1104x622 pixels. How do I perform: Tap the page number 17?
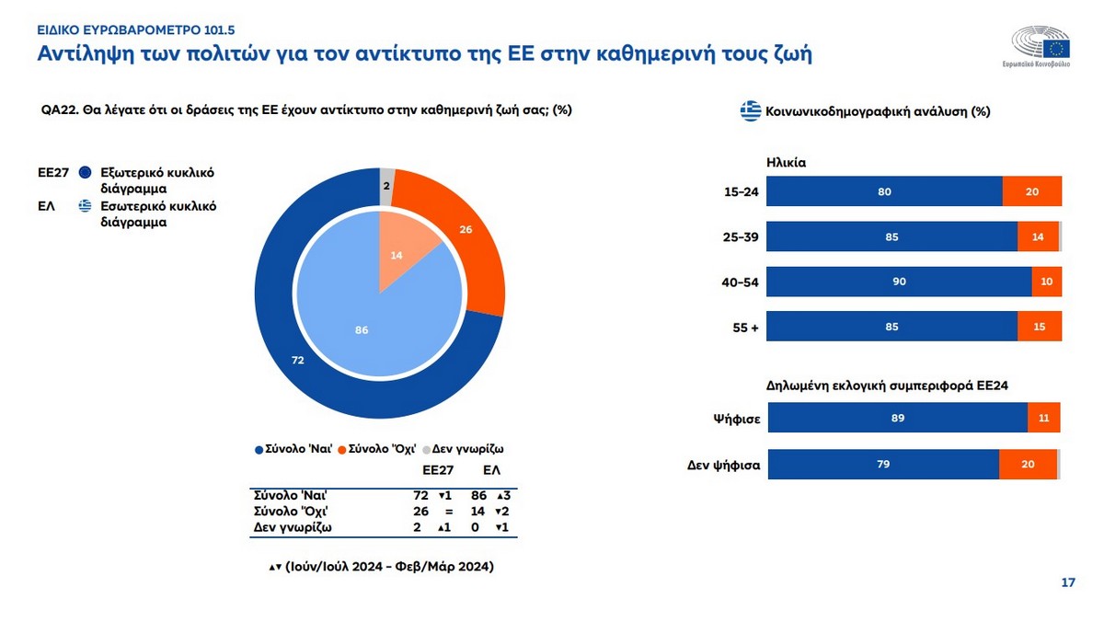(x=1068, y=582)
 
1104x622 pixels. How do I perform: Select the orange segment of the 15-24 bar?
(x=1031, y=191)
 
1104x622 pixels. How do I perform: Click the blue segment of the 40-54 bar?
(x=899, y=282)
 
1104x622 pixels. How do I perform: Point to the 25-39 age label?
(x=740, y=237)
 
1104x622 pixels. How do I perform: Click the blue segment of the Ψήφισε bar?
(x=897, y=418)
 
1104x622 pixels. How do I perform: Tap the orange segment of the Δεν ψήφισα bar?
(x=1028, y=465)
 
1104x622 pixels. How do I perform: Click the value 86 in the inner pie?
(x=362, y=329)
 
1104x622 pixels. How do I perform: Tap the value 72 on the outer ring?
(x=297, y=361)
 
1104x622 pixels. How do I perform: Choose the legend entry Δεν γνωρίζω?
(x=468, y=449)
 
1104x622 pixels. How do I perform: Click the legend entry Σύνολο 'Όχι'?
(x=380, y=449)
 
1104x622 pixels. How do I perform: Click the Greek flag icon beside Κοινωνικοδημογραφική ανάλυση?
(x=750, y=112)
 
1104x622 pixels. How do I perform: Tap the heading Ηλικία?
(x=786, y=161)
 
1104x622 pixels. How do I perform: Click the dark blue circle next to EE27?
(x=86, y=172)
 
